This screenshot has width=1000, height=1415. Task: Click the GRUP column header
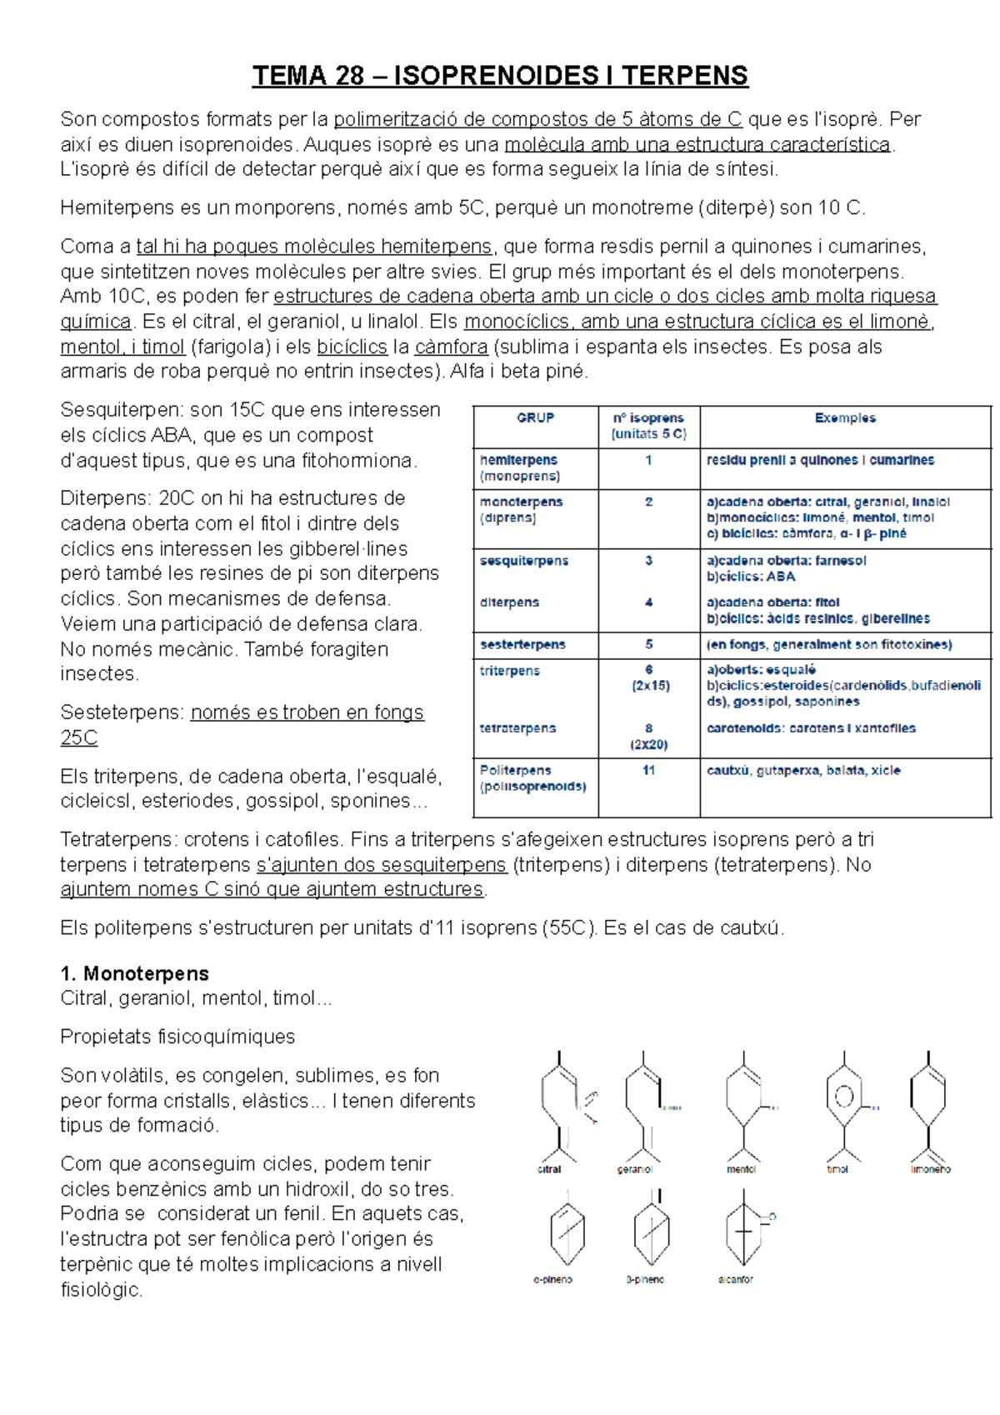point(535,417)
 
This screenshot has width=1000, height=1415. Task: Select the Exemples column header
point(845,417)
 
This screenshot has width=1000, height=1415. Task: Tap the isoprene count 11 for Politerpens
point(648,770)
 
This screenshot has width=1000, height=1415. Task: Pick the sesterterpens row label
point(522,644)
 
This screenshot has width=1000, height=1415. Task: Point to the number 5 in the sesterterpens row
point(648,644)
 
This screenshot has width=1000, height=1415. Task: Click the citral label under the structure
point(549,1169)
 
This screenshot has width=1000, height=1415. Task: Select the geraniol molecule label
point(634,1169)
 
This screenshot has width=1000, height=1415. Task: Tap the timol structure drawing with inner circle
point(843,1097)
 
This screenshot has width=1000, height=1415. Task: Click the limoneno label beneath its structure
point(931,1169)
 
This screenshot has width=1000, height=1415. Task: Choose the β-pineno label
point(644,1279)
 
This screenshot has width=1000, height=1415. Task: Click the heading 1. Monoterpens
point(134,973)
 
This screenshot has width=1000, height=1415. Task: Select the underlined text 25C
point(79,737)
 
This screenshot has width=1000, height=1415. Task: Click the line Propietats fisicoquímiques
point(177,1037)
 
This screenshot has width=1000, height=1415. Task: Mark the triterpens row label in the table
point(509,670)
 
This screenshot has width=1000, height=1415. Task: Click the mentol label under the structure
point(740,1169)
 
